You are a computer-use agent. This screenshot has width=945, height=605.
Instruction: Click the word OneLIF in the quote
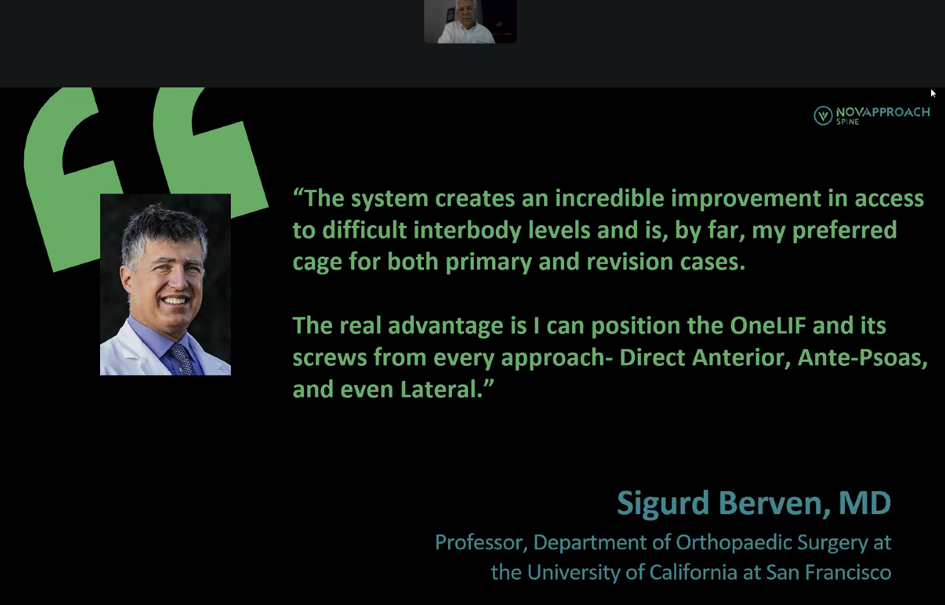click(x=768, y=325)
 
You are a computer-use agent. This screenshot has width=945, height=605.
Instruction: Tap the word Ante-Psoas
click(x=863, y=358)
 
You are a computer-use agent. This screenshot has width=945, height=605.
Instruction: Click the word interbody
click(x=467, y=230)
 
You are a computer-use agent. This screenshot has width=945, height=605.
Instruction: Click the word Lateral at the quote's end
click(x=442, y=389)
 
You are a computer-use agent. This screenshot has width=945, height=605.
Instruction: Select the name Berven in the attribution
click(x=774, y=503)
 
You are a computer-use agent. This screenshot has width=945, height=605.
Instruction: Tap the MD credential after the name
click(x=865, y=503)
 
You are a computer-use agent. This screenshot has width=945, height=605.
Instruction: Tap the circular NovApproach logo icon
click(x=823, y=116)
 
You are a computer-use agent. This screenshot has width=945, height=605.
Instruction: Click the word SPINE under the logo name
click(x=848, y=122)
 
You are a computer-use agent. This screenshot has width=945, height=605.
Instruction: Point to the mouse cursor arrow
click(x=933, y=93)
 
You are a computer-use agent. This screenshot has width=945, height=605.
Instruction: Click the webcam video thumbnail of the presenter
click(x=470, y=21)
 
